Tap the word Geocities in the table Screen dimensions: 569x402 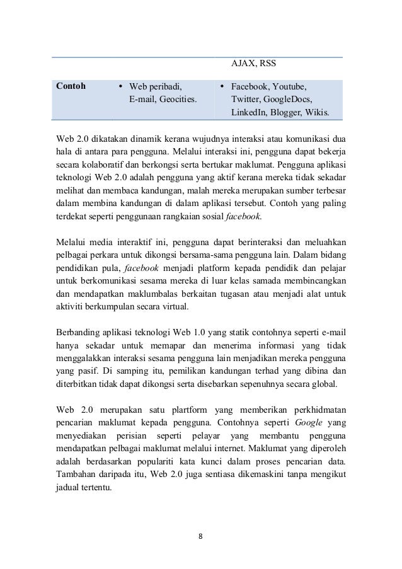click(178, 100)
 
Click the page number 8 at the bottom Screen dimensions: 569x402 click(200, 537)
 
